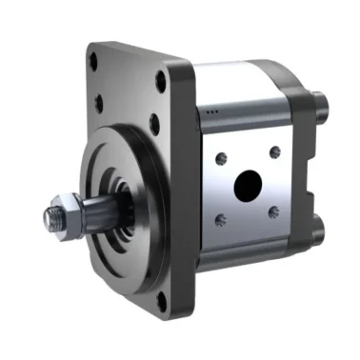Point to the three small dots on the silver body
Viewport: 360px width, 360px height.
pos(211,112)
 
